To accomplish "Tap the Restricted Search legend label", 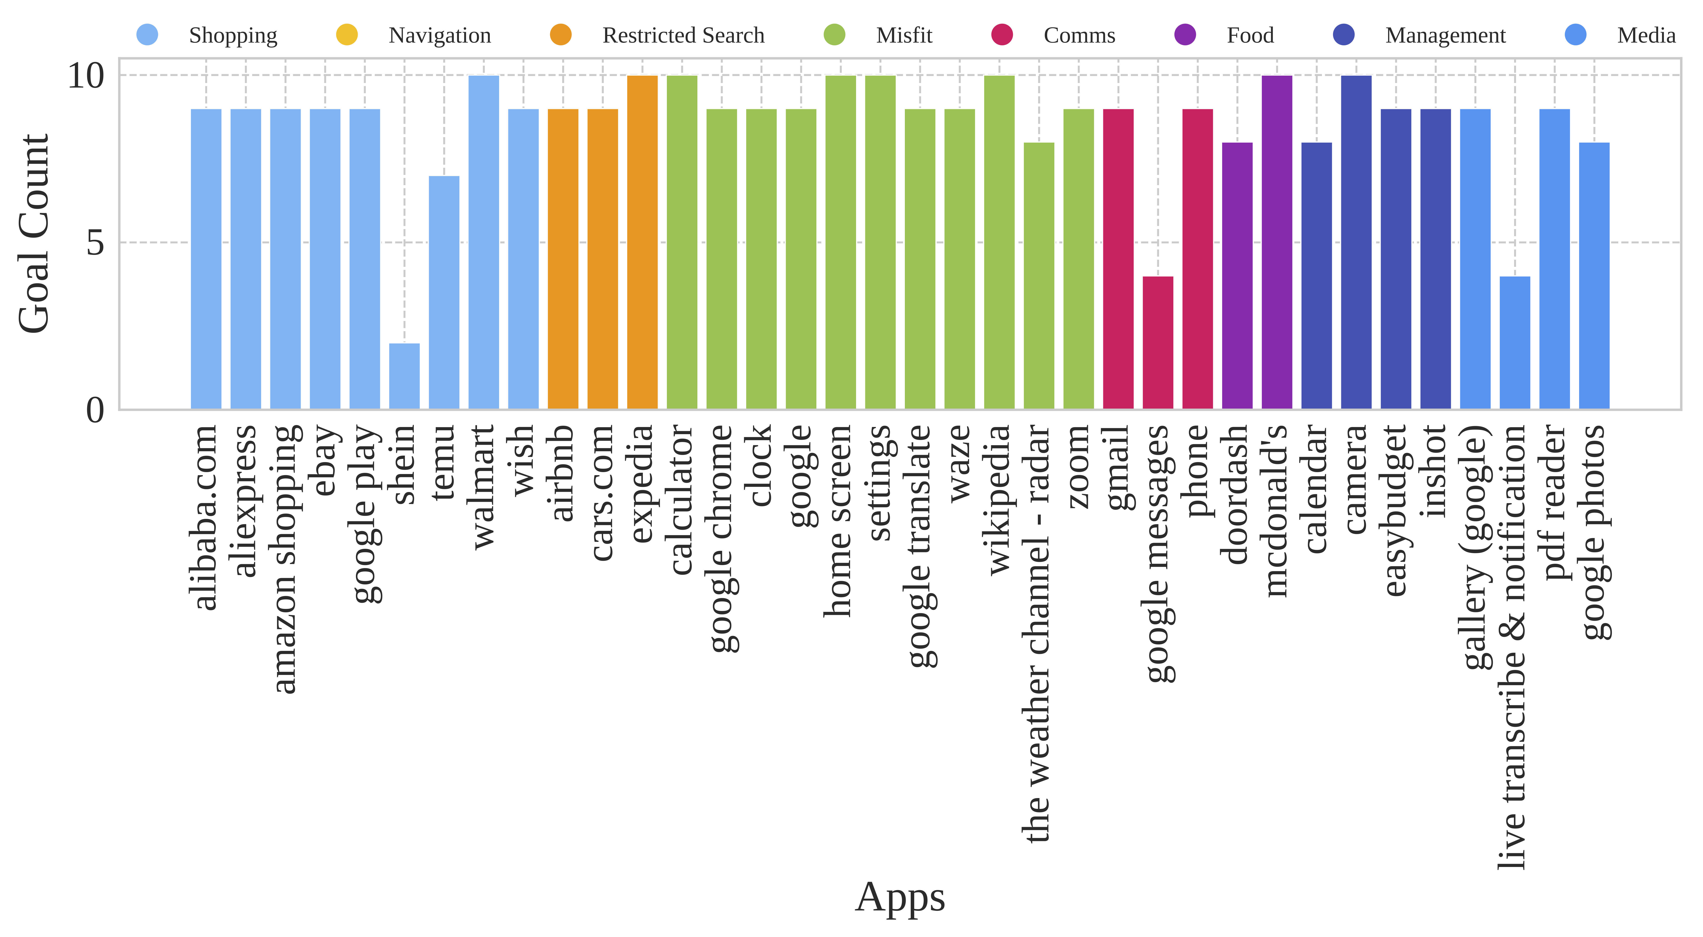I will click(683, 35).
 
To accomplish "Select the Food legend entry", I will click(1249, 35).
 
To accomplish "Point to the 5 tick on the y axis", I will click(96, 243).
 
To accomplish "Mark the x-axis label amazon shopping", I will click(285, 558).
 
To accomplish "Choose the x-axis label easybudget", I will click(1396, 510).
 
